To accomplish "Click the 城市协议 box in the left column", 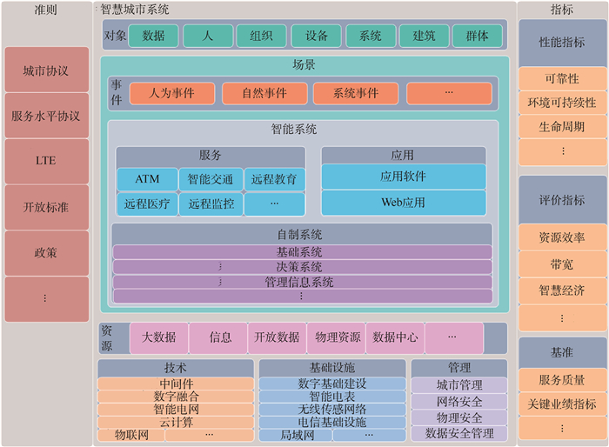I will [45, 70].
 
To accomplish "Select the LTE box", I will [45, 162].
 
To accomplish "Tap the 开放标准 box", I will [45, 207].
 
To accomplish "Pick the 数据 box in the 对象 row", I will [153, 36].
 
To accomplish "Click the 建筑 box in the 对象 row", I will [424, 36].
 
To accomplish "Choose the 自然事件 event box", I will [262, 93].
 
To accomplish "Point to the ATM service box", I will [147, 179].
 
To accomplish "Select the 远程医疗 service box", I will [147, 204].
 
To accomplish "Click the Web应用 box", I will [403, 203].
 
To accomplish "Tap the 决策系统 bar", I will [302, 267].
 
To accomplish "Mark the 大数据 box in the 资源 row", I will [158, 337].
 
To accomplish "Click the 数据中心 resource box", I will [394, 337].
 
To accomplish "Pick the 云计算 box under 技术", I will [177, 421].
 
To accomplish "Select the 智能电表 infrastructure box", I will [331, 397].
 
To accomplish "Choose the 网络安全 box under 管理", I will [458, 401].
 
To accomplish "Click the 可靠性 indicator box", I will [561, 79].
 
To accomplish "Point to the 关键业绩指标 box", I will [561, 404].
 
